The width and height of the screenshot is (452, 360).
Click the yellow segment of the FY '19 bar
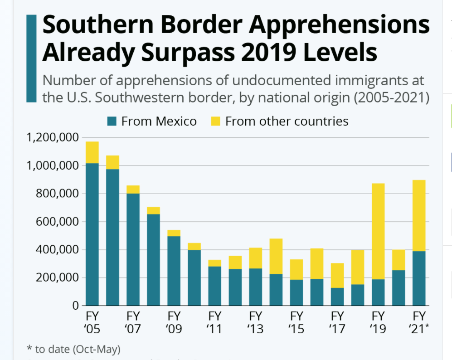click(378, 231)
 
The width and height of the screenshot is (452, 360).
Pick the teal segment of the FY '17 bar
click(337, 297)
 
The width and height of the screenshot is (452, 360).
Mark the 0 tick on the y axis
click(76, 306)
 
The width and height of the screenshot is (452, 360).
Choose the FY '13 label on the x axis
click(256, 322)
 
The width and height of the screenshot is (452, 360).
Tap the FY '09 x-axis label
click(174, 322)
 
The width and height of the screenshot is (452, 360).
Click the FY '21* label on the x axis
click(418, 322)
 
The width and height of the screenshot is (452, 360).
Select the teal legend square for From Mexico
click(112, 122)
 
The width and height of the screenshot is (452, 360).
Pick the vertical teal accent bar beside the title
click(31, 58)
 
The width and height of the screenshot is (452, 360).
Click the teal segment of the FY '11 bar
click(215, 286)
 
